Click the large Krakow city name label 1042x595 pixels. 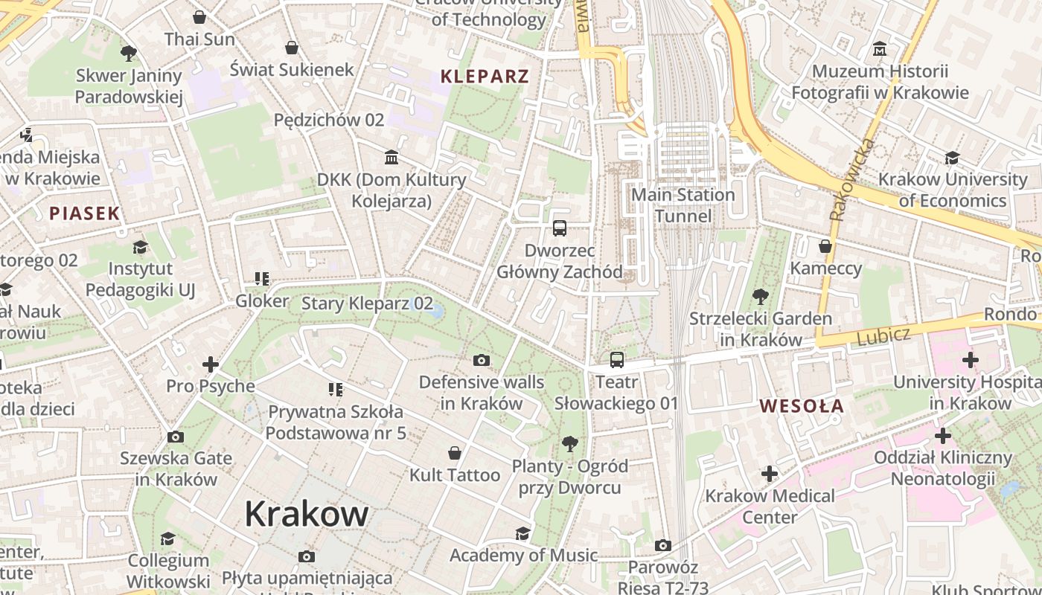[306, 514]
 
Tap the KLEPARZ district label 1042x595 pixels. [485, 76]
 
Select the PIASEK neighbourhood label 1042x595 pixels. [84, 213]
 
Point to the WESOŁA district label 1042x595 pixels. [802, 406]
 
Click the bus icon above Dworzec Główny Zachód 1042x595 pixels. [560, 228]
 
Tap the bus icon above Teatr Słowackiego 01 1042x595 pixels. [616, 360]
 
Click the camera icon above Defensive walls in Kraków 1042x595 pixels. [482, 361]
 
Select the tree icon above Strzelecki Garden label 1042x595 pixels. [760, 297]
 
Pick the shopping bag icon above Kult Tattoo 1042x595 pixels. [454, 453]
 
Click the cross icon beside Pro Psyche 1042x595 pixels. [211, 364]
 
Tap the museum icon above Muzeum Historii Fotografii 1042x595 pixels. [880, 49]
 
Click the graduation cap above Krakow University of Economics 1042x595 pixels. [952, 158]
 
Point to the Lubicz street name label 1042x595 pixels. [883, 337]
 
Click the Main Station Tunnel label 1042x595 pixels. [683, 205]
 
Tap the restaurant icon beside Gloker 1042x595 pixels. [261, 279]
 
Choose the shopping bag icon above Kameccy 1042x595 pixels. [825, 246]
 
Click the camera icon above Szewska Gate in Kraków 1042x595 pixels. [176, 437]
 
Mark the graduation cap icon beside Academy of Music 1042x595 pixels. [523, 533]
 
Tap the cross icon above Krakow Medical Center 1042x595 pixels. [769, 473]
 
